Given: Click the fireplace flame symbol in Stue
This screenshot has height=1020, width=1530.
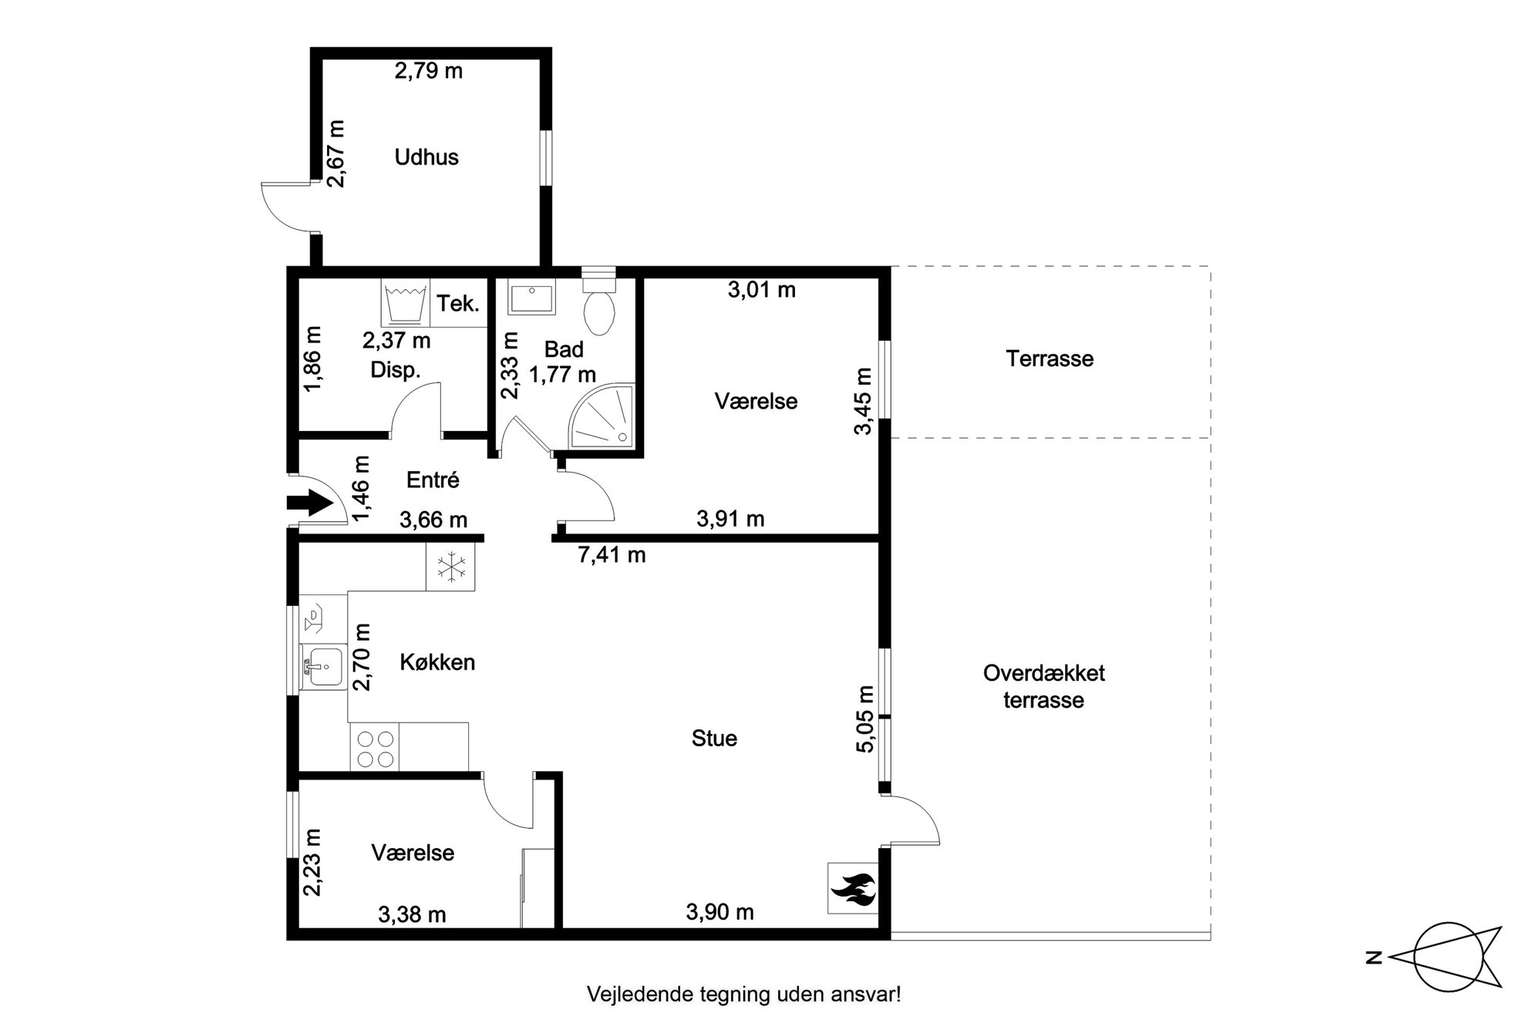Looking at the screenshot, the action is (x=852, y=887).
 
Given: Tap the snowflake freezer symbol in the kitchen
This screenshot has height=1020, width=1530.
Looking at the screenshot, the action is (x=451, y=567).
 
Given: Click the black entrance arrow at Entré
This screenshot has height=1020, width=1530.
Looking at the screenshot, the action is (x=309, y=504).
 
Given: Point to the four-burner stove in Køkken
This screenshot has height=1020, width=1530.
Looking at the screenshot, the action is (x=376, y=747).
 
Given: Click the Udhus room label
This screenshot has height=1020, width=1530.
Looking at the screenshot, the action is (x=426, y=157).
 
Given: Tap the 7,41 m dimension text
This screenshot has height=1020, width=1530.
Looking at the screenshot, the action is (x=612, y=554).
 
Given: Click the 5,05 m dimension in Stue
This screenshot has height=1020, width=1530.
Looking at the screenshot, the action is (x=865, y=719).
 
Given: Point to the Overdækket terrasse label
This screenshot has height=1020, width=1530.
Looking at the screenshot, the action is (x=1044, y=686).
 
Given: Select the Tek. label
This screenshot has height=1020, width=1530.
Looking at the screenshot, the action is (x=458, y=303).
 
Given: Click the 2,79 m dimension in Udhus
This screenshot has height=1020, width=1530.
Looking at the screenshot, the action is (x=429, y=71).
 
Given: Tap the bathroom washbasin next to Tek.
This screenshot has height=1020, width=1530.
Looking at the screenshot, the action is (x=531, y=298).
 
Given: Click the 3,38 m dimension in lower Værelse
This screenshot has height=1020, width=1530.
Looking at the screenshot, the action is (x=412, y=915).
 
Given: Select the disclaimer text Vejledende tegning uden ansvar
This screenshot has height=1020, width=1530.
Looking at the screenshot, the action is (x=744, y=995).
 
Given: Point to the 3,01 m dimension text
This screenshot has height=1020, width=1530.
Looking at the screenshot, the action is (x=761, y=291).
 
